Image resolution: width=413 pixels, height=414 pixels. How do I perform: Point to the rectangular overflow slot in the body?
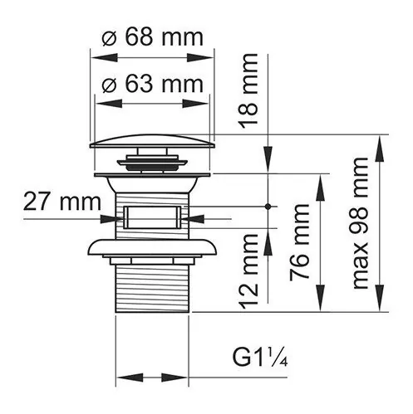[151, 219]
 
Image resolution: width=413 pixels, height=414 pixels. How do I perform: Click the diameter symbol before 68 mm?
[109, 37]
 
